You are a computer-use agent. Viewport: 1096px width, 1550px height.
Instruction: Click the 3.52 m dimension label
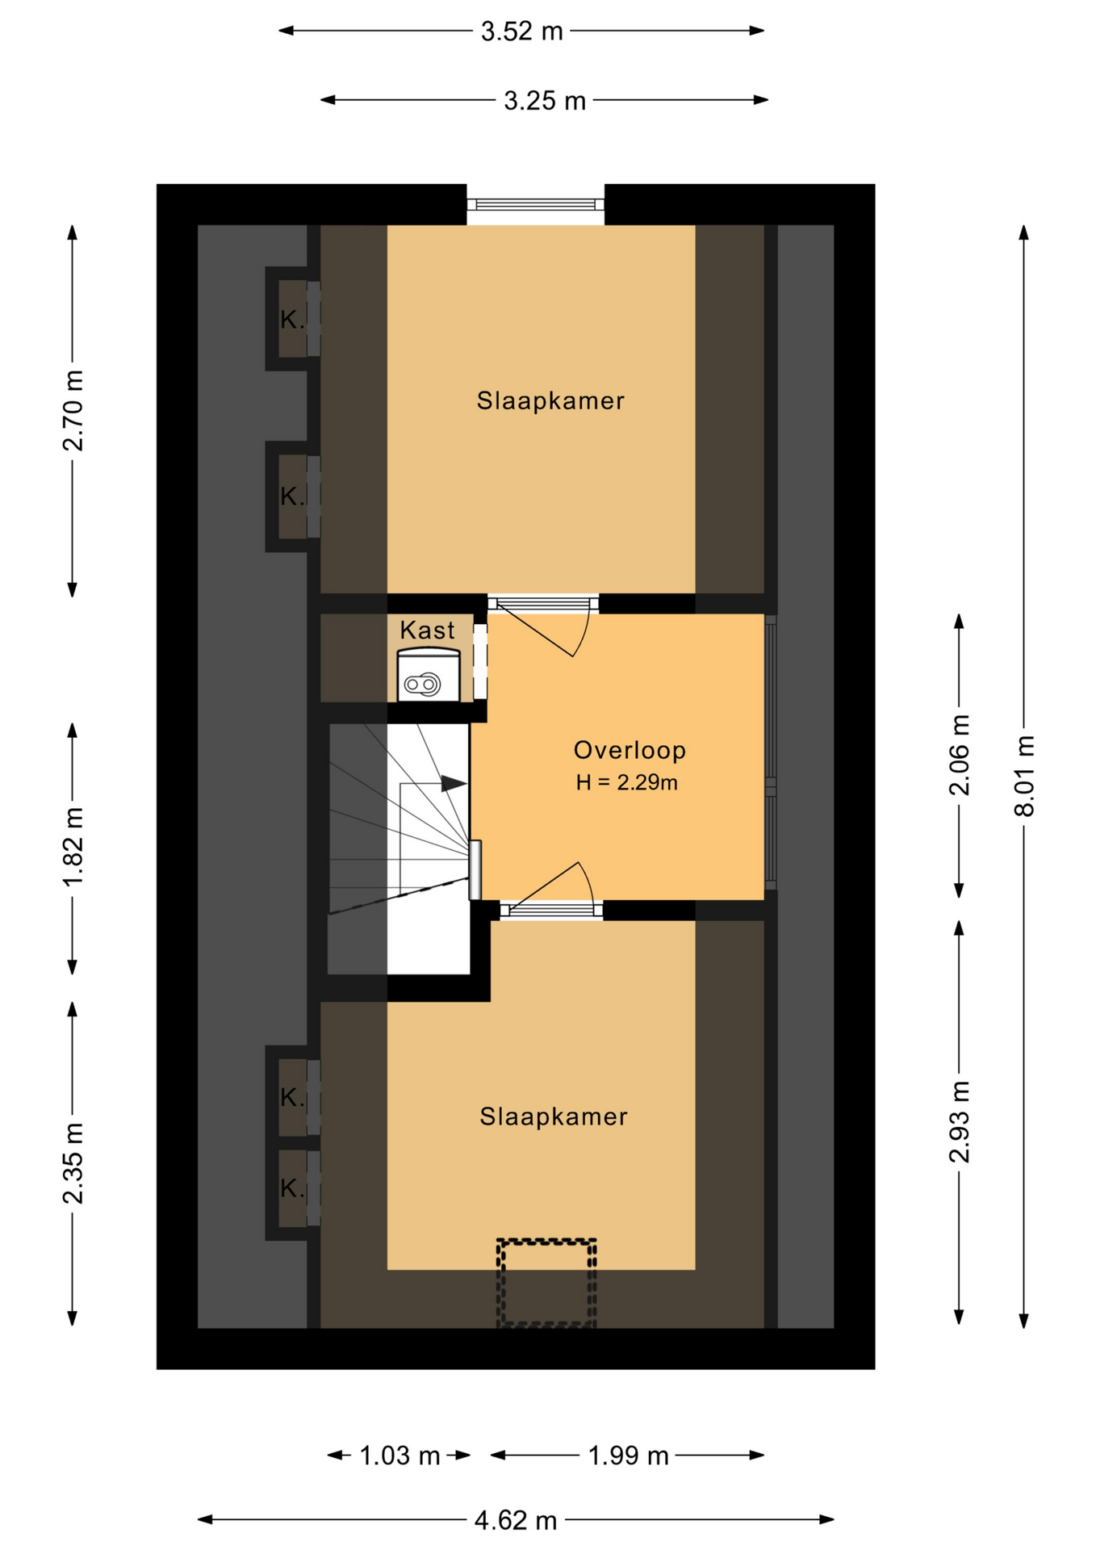coord(521,31)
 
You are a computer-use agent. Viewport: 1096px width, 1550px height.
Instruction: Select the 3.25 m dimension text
coord(545,101)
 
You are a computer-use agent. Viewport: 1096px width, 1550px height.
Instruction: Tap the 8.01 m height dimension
coord(1024,775)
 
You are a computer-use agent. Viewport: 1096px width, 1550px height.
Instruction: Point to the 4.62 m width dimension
coord(516,1521)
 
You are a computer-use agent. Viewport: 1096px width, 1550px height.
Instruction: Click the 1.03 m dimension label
coord(399,1456)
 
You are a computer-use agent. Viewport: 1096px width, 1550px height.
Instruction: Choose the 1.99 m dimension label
coord(628,1456)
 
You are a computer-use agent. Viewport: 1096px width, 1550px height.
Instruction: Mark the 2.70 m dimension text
coord(73,410)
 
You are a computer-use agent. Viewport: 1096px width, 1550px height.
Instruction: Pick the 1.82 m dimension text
coord(73,846)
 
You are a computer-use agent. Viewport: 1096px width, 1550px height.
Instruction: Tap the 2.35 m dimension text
coord(73,1162)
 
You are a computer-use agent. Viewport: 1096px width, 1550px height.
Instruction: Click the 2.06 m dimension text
coord(960,754)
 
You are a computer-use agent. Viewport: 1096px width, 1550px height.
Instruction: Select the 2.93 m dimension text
coord(960,1121)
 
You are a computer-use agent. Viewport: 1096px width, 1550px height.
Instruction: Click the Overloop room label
coord(630,750)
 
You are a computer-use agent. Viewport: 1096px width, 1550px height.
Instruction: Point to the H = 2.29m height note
coord(626,782)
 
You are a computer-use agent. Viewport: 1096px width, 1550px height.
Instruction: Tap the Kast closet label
coord(427,630)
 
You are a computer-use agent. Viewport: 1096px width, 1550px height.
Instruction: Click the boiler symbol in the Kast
coord(429,674)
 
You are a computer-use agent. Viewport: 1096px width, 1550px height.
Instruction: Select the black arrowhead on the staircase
coord(454,783)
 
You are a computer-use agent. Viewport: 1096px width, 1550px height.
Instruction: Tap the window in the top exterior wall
coord(536,205)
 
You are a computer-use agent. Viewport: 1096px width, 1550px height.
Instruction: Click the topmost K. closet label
coord(292,320)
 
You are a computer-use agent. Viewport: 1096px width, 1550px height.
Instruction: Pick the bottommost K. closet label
coord(292,1188)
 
